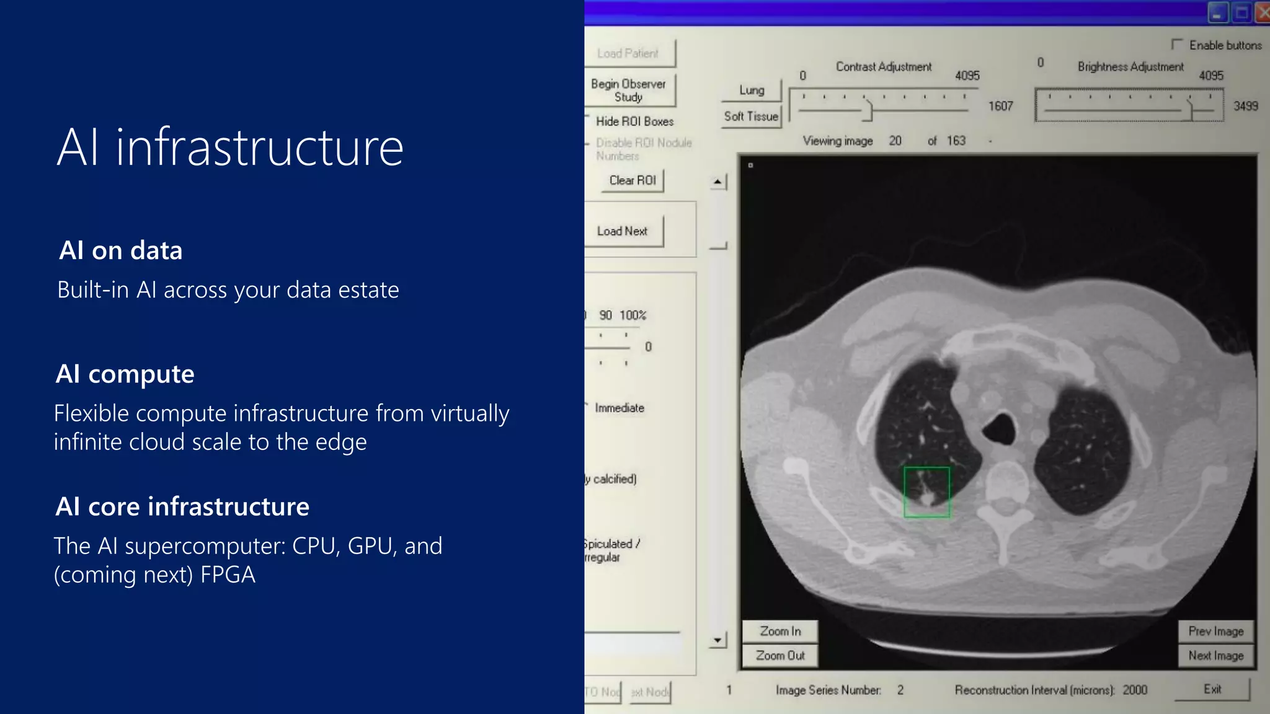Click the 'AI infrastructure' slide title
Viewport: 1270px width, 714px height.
[x=230, y=148]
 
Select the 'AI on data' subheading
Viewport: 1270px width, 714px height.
[x=121, y=250]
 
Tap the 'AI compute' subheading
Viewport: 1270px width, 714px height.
[x=125, y=374]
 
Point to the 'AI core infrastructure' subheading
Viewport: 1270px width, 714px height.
[x=182, y=506]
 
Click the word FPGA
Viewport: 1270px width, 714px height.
[x=228, y=575]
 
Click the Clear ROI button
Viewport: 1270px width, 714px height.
[x=632, y=180]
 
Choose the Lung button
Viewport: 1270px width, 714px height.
[x=752, y=90]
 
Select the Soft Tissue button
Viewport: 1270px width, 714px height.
[x=751, y=117]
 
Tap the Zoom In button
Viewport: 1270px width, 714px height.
[x=780, y=631]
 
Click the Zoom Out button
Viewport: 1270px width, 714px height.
[x=780, y=655]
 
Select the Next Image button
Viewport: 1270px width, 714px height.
[x=1215, y=655]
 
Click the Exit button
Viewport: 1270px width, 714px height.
[x=1212, y=689]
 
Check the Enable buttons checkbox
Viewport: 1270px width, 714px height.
[x=1176, y=45]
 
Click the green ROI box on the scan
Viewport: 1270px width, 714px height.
[x=926, y=492]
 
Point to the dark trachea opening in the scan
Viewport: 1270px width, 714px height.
[x=999, y=428]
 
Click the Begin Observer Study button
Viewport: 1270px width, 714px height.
[x=628, y=90]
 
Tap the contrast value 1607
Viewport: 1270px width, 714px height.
[x=1000, y=106]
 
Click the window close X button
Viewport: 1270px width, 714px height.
[x=1263, y=12]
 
